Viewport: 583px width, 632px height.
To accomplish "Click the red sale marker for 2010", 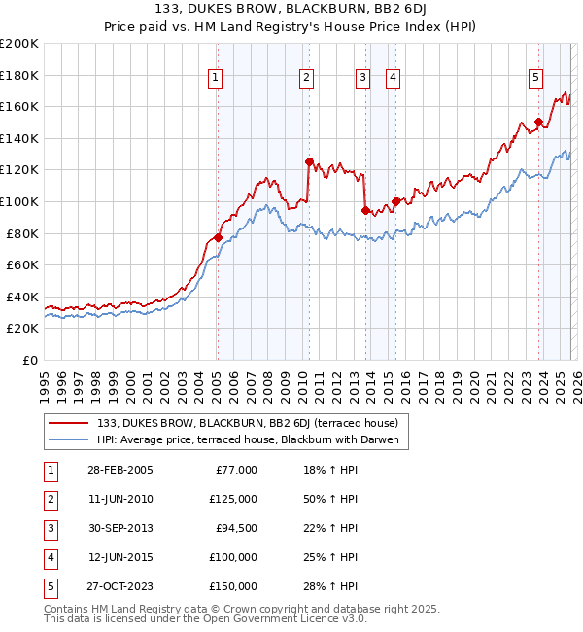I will click(309, 162).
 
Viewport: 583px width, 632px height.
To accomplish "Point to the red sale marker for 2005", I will click(218, 237).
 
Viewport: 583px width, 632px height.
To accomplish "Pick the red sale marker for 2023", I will click(538, 123).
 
